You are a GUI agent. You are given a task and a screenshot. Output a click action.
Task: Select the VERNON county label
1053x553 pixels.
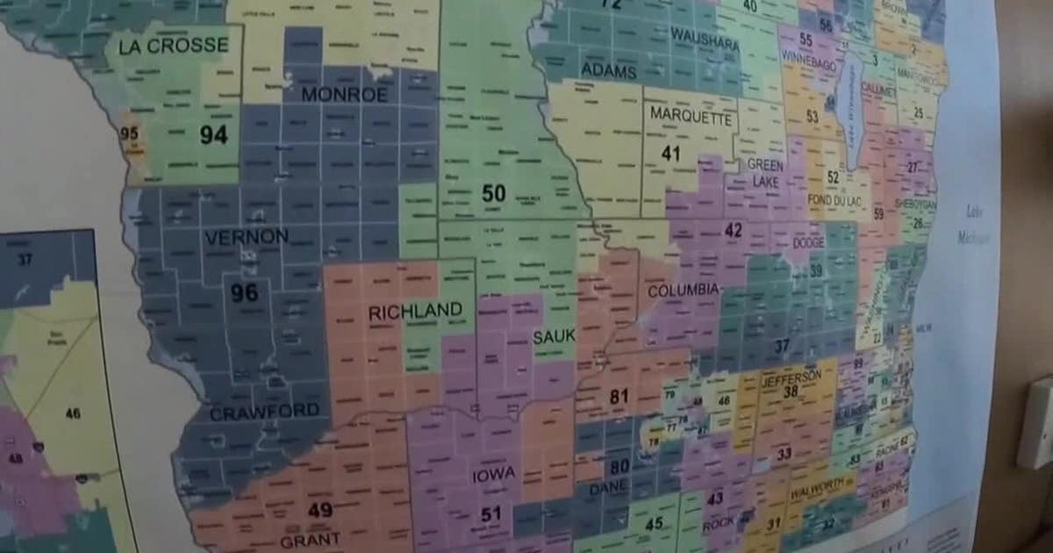[246, 237]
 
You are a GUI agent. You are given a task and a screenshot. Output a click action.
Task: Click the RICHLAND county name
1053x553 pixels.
[415, 312]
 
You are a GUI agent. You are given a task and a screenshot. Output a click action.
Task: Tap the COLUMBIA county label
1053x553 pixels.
[684, 290]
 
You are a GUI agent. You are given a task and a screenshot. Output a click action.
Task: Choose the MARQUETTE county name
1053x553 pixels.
[691, 117]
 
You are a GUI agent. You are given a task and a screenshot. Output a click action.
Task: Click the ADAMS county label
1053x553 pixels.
[608, 71]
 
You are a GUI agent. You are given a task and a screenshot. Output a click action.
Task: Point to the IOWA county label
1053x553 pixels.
[493, 475]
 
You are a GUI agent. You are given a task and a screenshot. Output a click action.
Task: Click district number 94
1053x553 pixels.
[213, 133]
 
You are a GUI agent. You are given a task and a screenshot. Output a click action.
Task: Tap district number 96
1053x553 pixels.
[244, 292]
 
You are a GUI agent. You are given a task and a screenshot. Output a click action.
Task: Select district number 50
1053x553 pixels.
[493, 193]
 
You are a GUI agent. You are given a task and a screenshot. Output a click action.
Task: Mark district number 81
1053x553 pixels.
[620, 396]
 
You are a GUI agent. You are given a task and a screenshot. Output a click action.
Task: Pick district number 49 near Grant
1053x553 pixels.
[319, 510]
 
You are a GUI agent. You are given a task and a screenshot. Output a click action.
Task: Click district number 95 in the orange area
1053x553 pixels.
[129, 133]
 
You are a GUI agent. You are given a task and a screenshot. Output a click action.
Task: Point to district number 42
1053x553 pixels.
[733, 230]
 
